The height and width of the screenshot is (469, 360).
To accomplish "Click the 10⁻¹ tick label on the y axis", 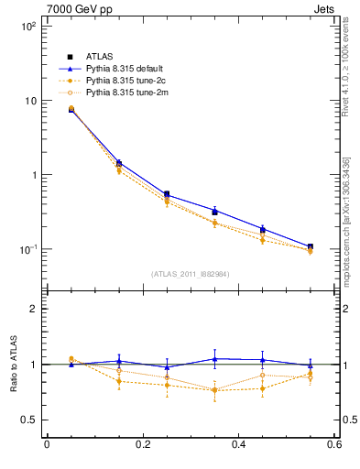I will pos(27,249).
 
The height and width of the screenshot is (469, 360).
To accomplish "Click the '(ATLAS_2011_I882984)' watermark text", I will pos(191,274).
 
